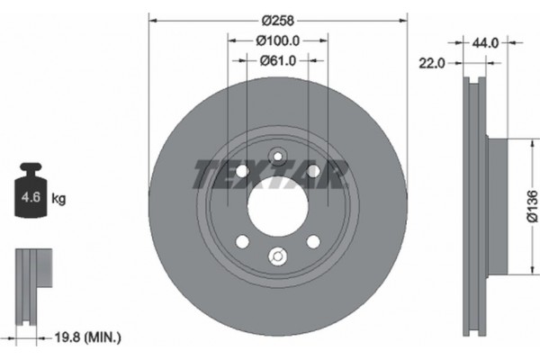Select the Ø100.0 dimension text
coord(277,40)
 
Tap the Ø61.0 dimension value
coord(277,61)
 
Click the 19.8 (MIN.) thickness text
coord(87,337)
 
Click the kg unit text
coord(59,196)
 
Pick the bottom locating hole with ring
coord(277,257)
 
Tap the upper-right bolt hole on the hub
coord(312,172)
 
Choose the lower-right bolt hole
coord(312,241)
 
